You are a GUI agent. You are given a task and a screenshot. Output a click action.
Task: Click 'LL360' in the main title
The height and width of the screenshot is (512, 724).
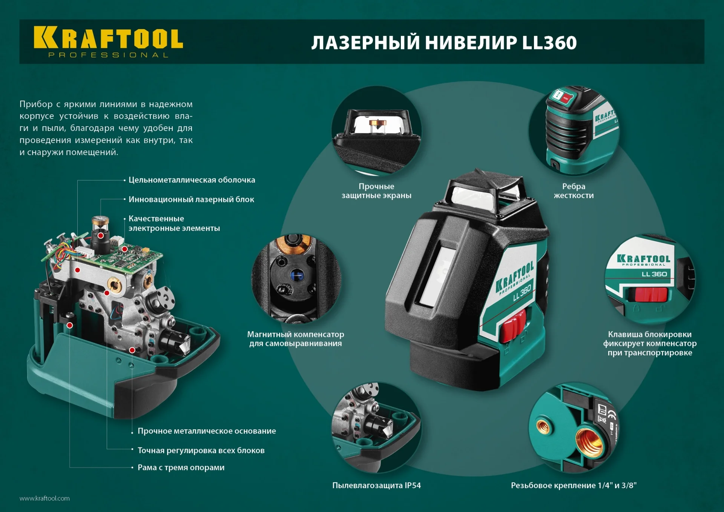tap(549, 43)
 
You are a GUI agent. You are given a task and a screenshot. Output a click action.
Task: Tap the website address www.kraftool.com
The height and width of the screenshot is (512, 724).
tap(44, 498)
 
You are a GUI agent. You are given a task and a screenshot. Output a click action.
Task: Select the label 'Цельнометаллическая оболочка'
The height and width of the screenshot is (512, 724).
tap(192, 180)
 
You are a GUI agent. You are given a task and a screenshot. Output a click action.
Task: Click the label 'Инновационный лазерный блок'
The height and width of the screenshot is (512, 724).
tap(191, 199)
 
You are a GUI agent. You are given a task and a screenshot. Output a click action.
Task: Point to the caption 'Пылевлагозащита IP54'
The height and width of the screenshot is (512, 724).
tap(376, 485)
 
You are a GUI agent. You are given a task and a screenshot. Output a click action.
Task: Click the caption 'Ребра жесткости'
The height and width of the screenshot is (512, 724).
tap(574, 191)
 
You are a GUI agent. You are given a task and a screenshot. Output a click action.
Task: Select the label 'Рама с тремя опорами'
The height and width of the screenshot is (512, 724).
tap(181, 467)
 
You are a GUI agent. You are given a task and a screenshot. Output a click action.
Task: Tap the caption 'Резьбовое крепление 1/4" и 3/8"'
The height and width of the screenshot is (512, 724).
tap(574, 485)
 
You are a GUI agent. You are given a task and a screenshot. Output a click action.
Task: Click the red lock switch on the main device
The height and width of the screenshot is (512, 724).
tap(512, 325)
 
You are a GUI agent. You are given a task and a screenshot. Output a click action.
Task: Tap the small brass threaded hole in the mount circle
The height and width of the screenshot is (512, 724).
tap(543, 427)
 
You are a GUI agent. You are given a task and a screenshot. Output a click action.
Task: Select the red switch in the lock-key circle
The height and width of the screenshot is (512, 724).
tap(651, 294)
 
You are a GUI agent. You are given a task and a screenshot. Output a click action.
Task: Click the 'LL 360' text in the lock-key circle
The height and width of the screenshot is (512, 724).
tap(654, 274)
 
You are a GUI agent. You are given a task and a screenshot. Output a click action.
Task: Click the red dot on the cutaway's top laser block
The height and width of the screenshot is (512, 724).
tap(101, 235)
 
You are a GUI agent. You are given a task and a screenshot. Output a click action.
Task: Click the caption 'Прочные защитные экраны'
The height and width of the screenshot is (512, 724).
tap(376, 191)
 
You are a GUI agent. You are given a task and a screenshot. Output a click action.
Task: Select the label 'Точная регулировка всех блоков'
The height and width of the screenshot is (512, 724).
tap(201, 450)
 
